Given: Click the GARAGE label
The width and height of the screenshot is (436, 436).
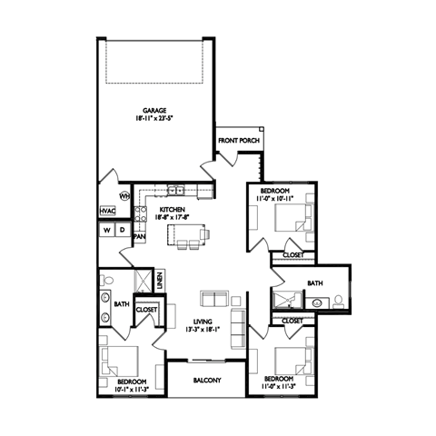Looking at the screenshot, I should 154,110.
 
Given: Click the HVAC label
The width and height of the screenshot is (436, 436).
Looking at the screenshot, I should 108,212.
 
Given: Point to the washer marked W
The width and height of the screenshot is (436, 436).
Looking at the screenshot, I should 107,231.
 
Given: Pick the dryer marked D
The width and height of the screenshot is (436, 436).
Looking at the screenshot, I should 123,231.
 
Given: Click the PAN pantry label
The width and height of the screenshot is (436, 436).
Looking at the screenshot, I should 140,237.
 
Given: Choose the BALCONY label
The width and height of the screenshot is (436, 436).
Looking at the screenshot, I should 206,381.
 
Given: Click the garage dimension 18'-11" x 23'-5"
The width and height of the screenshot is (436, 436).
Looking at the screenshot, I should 154,118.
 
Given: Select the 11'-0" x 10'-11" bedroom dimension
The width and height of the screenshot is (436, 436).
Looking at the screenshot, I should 276,197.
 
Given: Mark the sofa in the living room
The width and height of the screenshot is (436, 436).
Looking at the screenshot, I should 214,300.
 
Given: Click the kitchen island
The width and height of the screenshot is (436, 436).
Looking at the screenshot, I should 189,238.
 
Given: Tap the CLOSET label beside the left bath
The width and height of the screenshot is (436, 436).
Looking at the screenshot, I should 147,310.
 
